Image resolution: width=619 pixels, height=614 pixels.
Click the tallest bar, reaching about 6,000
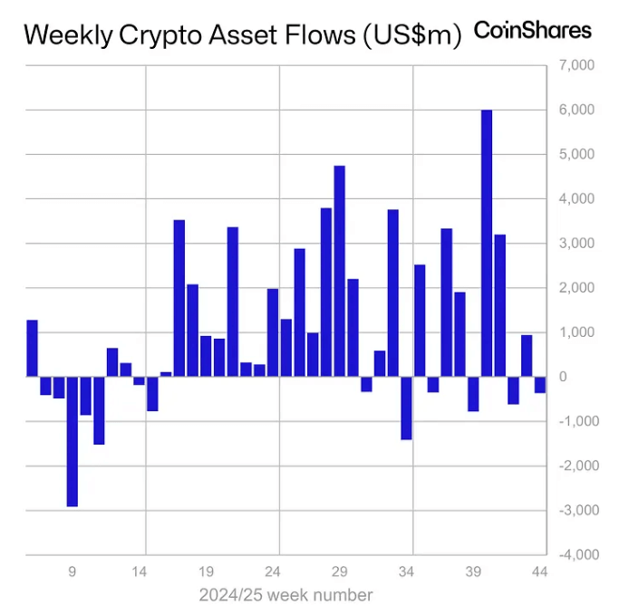pyautogui.click(x=487, y=243)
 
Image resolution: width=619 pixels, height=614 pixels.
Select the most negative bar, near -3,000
pyautogui.click(x=73, y=441)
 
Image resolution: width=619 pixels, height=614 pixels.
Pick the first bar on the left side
pyautogui.click(x=32, y=348)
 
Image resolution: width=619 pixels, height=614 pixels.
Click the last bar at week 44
pyautogui.click(x=540, y=384)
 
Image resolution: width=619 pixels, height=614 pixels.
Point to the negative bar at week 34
pyautogui.click(x=406, y=408)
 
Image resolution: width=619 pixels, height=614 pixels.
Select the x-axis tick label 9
pyautogui.click(x=73, y=572)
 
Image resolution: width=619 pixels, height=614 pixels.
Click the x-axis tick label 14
pyautogui.click(x=140, y=572)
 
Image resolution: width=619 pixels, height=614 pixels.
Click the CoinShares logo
pyautogui.click(x=533, y=31)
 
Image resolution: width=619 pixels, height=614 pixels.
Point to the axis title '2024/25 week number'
pyautogui.click(x=285, y=595)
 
